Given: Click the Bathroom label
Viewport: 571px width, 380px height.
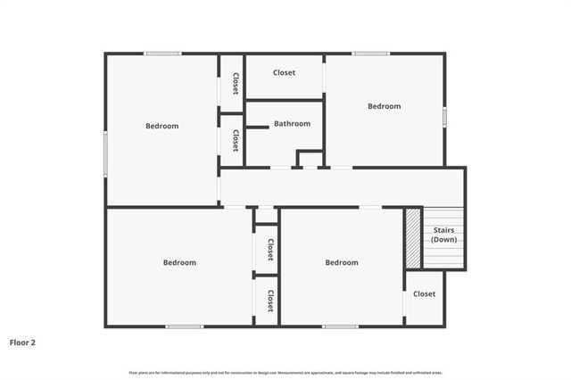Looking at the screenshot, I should pos(292,124).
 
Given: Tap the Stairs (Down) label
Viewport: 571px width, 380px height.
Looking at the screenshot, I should pos(443,235).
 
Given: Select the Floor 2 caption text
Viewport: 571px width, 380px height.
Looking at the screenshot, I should pos(23,342).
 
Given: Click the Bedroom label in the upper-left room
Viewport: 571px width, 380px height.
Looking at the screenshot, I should pos(161,126).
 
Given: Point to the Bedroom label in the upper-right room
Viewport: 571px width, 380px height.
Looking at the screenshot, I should pos(384,106).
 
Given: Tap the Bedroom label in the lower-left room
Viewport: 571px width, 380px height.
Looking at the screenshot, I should pos(178,262).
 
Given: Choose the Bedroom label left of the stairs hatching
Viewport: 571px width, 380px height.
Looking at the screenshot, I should pos(341,262).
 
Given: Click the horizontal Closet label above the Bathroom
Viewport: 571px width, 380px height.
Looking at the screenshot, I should pos(284,72).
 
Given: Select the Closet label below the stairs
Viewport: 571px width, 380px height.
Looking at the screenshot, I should pos(424,293).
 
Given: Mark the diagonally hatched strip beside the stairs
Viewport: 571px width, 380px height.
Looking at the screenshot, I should pos(413,238).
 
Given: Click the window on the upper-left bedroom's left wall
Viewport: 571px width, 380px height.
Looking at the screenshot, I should pos(106,153).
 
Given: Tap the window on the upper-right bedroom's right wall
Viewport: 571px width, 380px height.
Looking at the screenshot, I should pos(444,116).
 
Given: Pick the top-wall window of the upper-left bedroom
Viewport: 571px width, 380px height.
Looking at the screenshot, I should pos(163,54).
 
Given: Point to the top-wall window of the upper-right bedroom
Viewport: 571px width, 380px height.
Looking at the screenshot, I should pos(369,54).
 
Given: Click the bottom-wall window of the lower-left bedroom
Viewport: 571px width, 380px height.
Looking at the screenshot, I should pos(184,326).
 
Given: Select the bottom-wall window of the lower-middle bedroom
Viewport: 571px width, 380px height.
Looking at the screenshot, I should pos(340,326).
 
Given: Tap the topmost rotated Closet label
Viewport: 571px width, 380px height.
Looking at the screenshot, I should pos(235,84).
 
